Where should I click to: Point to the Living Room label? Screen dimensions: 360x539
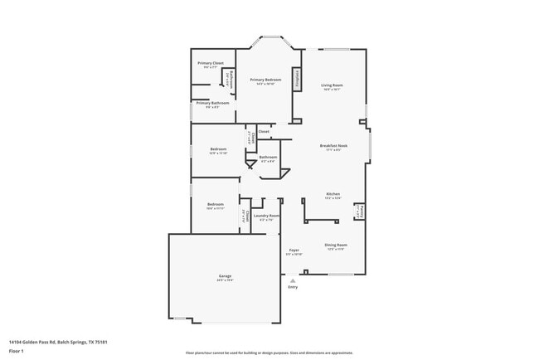pyautogui.click(x=333, y=86)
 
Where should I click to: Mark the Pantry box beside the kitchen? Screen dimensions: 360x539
pyautogui.click(x=358, y=212)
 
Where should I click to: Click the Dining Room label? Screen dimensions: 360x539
pyautogui.click(x=336, y=246)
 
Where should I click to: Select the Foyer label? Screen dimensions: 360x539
pyautogui.click(x=294, y=251)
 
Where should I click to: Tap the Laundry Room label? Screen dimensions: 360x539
pyautogui.click(x=267, y=217)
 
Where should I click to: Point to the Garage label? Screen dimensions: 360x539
pyautogui.click(x=225, y=277)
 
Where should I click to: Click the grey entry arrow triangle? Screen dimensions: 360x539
pyautogui.click(x=292, y=280)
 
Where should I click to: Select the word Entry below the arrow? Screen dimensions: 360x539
pyautogui.click(x=292, y=288)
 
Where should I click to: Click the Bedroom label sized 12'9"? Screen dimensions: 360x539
pyautogui.click(x=218, y=150)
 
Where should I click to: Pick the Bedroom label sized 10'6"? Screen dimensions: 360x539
pyautogui.click(x=216, y=206)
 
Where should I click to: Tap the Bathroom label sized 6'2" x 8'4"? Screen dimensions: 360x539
pyautogui.click(x=268, y=158)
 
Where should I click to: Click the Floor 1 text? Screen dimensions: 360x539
pyautogui.click(x=17, y=351)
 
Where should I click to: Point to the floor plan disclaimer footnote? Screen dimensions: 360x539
pyautogui.click(x=269, y=353)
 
